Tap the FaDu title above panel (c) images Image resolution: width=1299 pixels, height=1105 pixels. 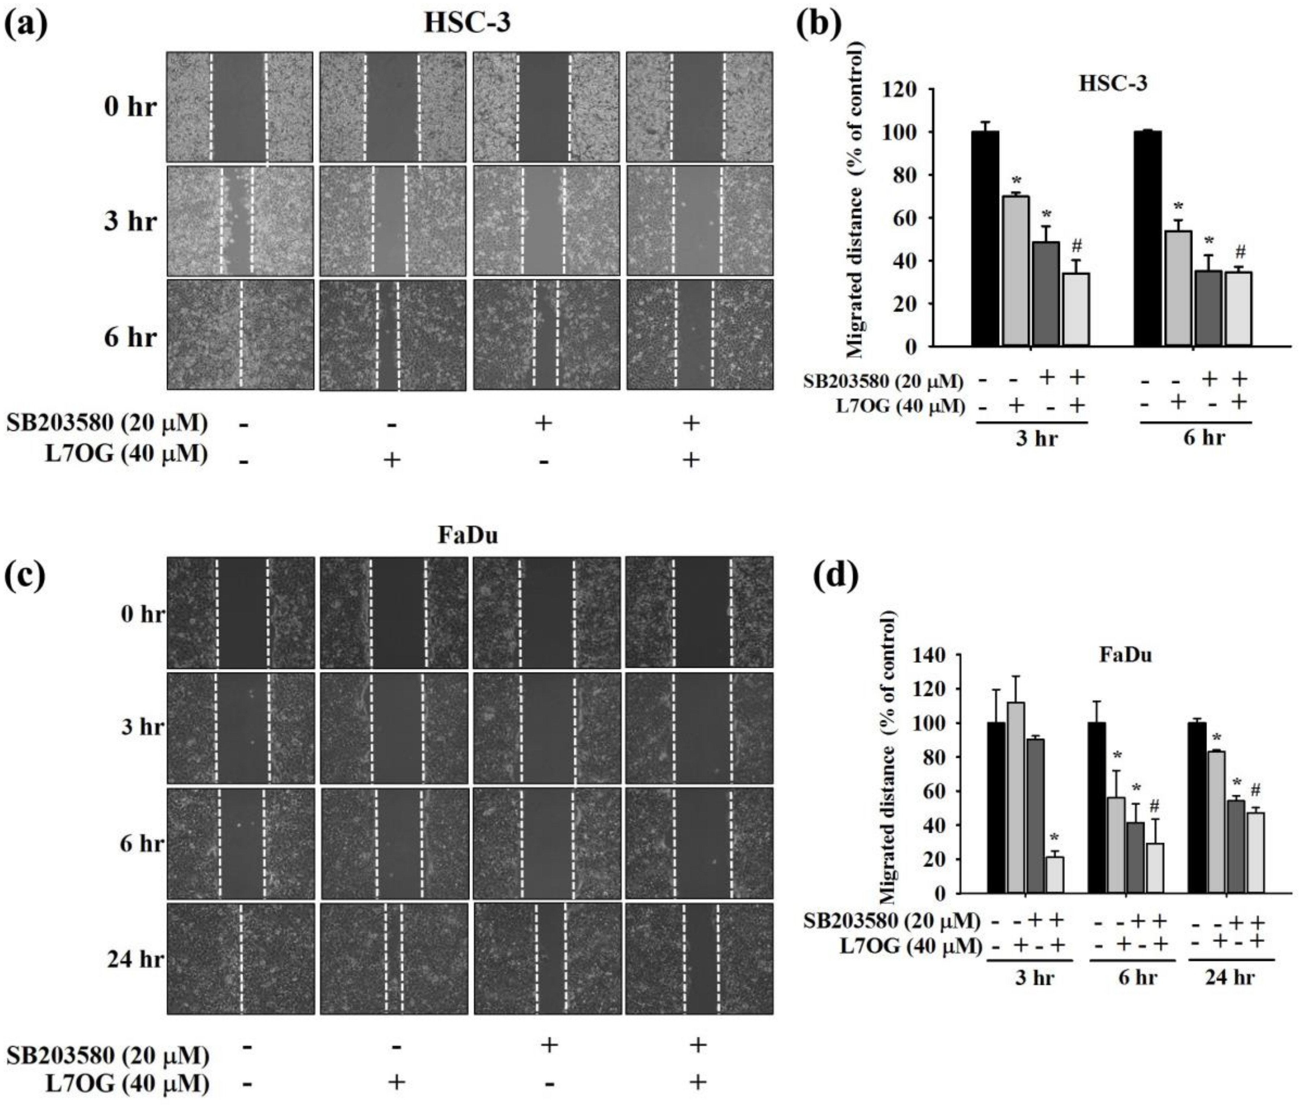click(468, 535)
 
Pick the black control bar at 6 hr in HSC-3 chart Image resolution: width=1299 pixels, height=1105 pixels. click(1147, 238)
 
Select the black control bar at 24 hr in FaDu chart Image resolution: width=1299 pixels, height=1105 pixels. click(1197, 808)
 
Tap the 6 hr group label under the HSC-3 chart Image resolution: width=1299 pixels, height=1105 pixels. click(1204, 437)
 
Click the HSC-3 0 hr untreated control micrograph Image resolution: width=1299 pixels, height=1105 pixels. click(239, 106)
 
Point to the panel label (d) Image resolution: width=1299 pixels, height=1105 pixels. click(836, 577)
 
